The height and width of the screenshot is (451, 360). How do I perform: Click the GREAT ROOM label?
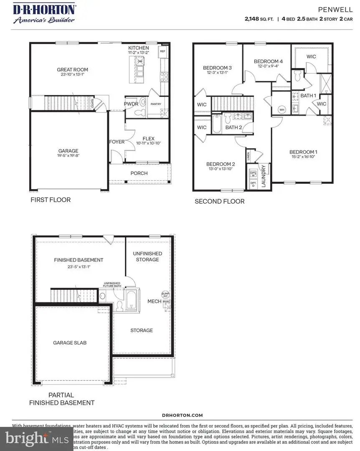click(x=73, y=70)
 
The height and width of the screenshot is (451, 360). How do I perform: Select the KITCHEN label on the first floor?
click(x=139, y=48)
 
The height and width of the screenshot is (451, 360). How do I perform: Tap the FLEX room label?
click(x=148, y=139)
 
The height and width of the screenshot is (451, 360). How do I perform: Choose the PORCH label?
click(x=139, y=173)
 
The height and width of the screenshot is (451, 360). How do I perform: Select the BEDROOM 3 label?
click(x=217, y=68)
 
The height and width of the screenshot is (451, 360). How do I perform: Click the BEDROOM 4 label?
click(x=268, y=61)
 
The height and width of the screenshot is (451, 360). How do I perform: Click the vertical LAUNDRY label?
click(x=264, y=175)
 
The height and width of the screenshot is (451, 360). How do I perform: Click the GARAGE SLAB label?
click(x=70, y=342)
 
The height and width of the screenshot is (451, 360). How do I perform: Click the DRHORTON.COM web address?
click(x=182, y=415)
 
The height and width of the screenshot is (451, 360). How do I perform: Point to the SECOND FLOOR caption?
click(x=220, y=201)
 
